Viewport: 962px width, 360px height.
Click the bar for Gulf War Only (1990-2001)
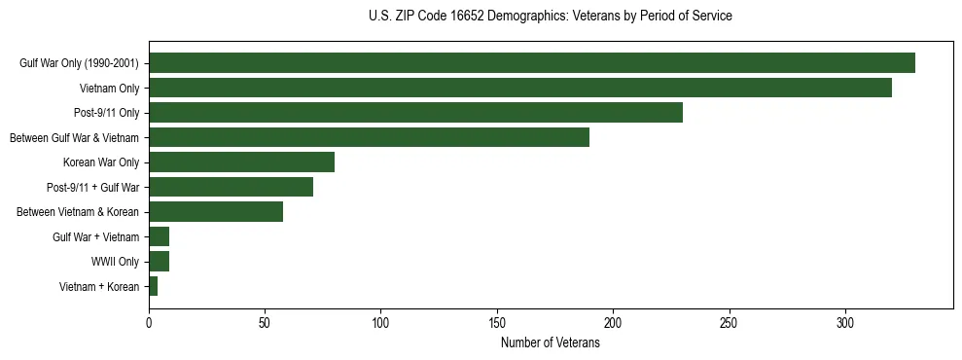click(x=531, y=63)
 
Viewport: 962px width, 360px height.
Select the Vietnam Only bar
click(x=519, y=88)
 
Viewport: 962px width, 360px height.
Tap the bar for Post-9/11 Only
click(x=415, y=113)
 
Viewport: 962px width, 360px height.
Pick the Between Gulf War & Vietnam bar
click(x=369, y=137)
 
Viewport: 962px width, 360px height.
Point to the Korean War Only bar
click(x=241, y=162)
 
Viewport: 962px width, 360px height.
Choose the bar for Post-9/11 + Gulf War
click(x=231, y=187)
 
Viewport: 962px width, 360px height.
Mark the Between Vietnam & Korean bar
click(x=216, y=212)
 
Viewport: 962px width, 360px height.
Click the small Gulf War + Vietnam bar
click(x=159, y=236)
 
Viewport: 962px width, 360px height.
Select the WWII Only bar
click(x=159, y=262)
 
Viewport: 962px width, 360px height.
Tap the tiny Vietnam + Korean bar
click(x=153, y=286)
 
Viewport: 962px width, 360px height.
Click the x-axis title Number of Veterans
click(x=550, y=343)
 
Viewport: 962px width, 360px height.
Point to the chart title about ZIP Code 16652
click(x=550, y=17)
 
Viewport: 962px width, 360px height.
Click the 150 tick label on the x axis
click(x=497, y=323)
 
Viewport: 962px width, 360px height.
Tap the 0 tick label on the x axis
click(x=149, y=323)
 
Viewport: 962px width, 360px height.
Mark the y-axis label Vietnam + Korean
click(x=99, y=287)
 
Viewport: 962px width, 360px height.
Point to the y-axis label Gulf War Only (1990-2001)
click(x=79, y=63)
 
